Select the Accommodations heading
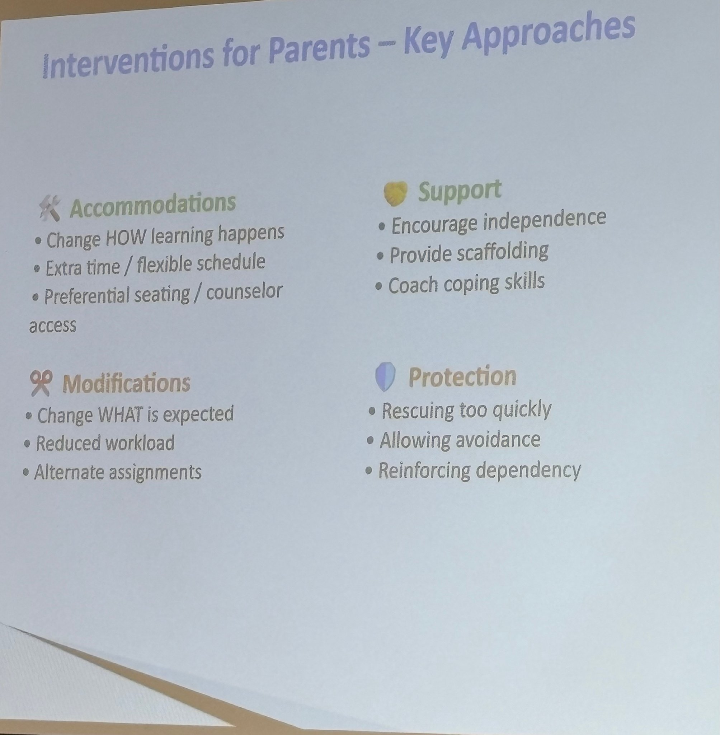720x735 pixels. pyautogui.click(x=153, y=205)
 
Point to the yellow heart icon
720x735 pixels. pyautogui.click(x=396, y=193)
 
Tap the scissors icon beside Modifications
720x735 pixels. pyautogui.click(x=41, y=383)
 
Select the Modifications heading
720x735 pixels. pyautogui.click(x=126, y=383)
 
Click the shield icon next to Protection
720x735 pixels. pyautogui.click(x=385, y=376)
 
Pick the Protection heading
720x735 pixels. pyautogui.click(x=462, y=376)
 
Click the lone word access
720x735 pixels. pyautogui.click(x=53, y=326)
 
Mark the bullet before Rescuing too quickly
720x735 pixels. pyautogui.click(x=372, y=411)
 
